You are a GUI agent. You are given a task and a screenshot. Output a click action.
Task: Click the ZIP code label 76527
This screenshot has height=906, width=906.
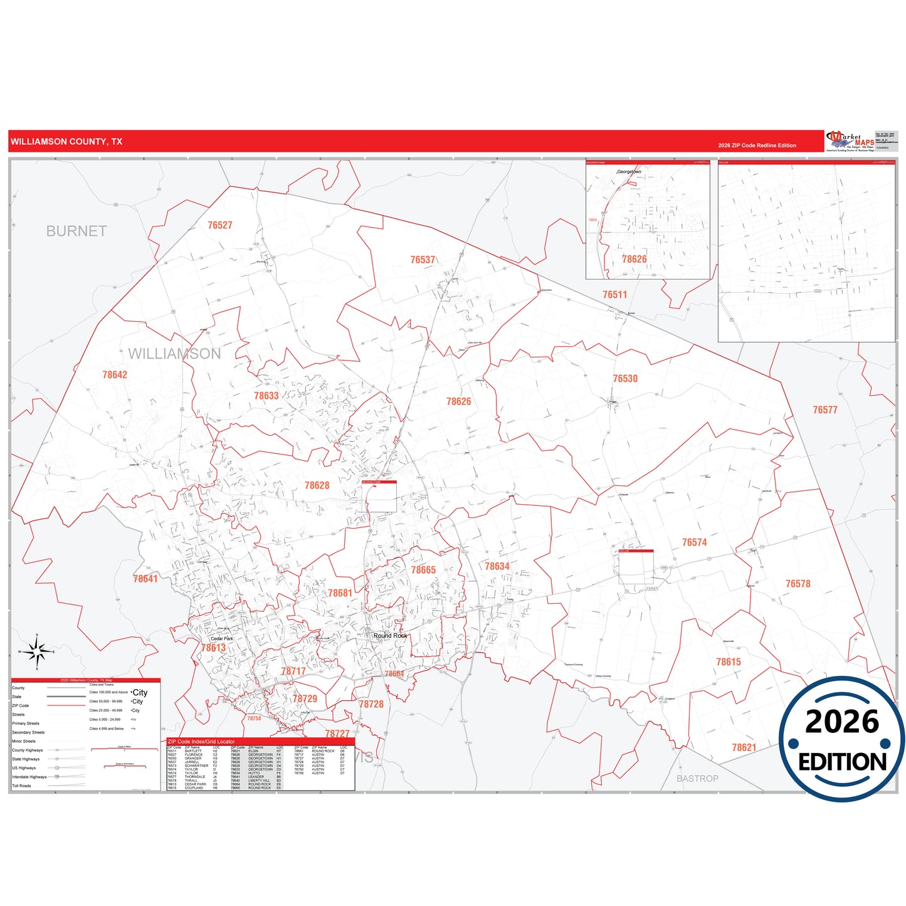click(x=220, y=226)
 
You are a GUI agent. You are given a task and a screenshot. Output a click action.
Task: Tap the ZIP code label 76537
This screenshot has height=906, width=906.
click(x=423, y=260)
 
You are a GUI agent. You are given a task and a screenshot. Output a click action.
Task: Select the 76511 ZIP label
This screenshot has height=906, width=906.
click(x=614, y=295)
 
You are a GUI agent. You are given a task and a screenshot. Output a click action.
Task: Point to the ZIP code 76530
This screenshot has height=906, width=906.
click(x=625, y=379)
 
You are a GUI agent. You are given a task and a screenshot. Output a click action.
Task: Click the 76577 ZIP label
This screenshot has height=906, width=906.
click(x=825, y=410)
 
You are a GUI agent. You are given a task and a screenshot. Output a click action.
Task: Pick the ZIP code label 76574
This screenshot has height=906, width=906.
click(x=694, y=542)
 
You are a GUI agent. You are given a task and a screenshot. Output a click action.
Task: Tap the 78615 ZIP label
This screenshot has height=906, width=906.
click(x=729, y=662)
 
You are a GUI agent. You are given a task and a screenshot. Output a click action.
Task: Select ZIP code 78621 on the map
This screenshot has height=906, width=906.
click(x=744, y=747)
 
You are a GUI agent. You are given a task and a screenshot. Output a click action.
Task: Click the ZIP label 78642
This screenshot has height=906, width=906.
click(x=115, y=375)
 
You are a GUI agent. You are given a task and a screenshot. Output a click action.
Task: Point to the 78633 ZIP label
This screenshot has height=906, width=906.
click(x=266, y=396)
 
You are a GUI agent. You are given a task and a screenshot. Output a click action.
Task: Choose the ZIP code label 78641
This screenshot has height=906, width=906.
click(x=145, y=579)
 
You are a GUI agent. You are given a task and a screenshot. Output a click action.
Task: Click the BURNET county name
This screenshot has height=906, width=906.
click(x=76, y=231)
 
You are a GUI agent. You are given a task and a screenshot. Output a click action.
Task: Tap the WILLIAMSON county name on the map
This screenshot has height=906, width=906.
click(x=174, y=354)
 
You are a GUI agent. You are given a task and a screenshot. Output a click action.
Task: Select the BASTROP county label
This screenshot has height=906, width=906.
click(x=697, y=779)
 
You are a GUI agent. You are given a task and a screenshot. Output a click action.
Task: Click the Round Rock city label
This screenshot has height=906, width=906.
click(x=390, y=636)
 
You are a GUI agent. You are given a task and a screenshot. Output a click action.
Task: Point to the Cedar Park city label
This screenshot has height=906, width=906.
click(x=222, y=639)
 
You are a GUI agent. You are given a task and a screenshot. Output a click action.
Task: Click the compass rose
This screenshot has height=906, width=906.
click(x=37, y=652)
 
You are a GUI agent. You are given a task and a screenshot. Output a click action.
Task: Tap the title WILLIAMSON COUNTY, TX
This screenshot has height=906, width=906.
click(x=66, y=142)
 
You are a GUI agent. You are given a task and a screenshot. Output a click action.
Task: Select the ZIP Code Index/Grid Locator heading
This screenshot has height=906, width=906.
click(x=201, y=742)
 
